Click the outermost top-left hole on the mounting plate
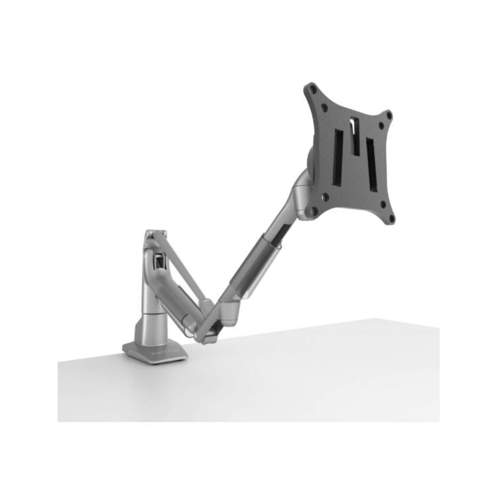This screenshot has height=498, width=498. point(313,88)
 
